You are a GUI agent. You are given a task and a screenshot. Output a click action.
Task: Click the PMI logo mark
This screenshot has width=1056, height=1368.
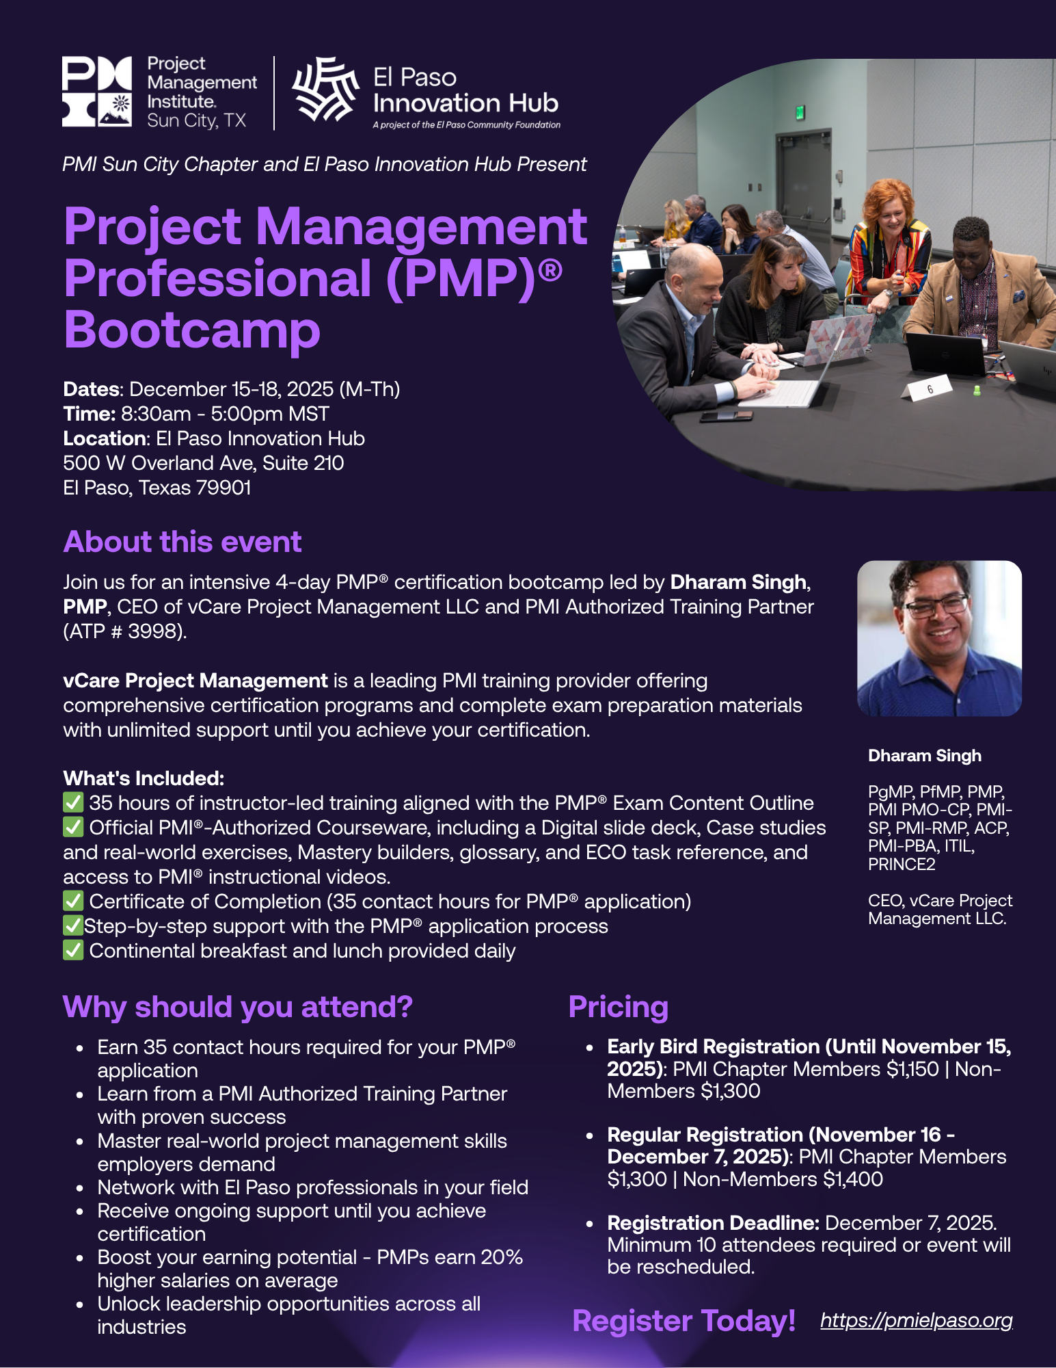point(96,92)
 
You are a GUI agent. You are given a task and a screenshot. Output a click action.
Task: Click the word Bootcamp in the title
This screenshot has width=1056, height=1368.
point(192,330)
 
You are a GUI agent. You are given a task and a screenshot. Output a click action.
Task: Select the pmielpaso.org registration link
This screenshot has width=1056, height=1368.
point(916,1320)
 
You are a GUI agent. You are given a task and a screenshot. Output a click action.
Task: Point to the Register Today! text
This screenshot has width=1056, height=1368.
point(683,1321)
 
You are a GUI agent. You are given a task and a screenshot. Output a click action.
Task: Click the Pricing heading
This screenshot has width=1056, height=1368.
point(618,1007)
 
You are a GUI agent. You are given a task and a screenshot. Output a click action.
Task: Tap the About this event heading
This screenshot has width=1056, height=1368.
point(182,542)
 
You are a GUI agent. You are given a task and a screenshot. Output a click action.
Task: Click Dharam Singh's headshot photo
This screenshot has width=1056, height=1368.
point(939,638)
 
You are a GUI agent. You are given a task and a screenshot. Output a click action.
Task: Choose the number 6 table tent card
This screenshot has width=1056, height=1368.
point(929,390)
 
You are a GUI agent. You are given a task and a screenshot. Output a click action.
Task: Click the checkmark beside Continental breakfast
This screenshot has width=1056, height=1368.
point(73,950)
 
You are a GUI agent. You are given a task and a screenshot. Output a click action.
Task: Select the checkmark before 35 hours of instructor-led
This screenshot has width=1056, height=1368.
point(73,802)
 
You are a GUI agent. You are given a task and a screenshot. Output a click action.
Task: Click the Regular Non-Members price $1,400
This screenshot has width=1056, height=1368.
point(853,1179)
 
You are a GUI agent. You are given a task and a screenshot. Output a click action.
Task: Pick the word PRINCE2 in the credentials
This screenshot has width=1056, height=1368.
point(902,864)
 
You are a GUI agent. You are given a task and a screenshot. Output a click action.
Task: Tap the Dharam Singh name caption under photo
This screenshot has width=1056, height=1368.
point(924,755)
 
